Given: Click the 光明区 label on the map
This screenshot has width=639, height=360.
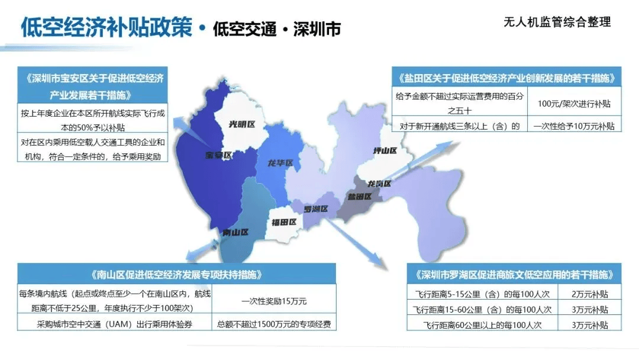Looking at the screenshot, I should pos(241,124).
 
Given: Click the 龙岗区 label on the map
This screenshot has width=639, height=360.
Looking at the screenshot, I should pos(379,184).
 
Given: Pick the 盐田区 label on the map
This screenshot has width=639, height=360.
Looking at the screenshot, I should pos(360,196).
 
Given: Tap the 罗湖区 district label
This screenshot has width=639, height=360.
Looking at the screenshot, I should pos(315,209).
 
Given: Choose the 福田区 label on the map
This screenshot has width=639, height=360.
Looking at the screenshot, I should pos(284,222).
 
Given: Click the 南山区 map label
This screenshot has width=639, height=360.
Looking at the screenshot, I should pos(235,233).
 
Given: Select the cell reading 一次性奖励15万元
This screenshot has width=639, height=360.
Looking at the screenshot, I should pos(274,301).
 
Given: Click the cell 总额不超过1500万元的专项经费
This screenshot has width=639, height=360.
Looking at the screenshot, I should pos(274,324).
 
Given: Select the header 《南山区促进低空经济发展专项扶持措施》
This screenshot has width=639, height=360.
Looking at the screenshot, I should pos(177,275).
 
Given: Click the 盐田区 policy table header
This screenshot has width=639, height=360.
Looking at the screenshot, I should pos(506,78).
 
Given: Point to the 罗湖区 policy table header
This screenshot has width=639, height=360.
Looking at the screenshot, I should pos(514,275).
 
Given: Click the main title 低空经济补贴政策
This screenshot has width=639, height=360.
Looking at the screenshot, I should pos(106,27).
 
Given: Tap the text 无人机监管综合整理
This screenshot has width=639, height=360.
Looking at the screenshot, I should pos(557,22).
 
